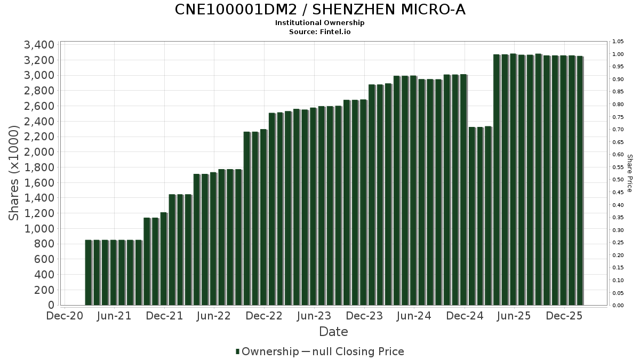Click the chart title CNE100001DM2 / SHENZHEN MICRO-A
coord(320,10)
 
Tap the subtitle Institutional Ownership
coord(320,23)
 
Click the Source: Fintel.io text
coord(320,32)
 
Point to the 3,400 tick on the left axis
coord(39,44)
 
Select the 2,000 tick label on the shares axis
coord(39,152)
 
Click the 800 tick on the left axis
coord(45,244)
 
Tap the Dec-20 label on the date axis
coord(65,316)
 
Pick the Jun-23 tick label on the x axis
coord(314,316)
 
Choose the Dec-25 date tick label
coord(564,316)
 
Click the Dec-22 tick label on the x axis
coord(265,316)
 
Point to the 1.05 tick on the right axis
coord(618,42)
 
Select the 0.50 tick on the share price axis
coord(618,180)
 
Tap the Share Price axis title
coord(629,173)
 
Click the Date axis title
coord(333,332)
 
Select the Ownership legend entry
coord(267,351)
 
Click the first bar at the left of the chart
coord(89,273)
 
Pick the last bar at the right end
coord(580,181)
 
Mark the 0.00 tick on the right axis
coord(618,306)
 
